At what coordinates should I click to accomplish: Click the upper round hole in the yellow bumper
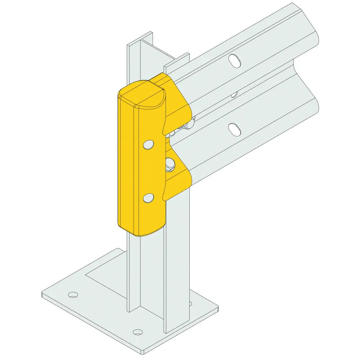(x=148, y=145)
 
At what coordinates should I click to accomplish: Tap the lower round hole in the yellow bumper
(x=148, y=198)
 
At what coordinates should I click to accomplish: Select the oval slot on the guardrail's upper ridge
(x=235, y=60)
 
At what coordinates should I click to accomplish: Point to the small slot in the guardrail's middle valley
(x=234, y=95)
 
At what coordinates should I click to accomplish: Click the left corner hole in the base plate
(x=73, y=295)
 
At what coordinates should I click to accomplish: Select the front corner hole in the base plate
(x=137, y=332)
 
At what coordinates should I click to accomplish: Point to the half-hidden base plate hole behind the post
(x=190, y=303)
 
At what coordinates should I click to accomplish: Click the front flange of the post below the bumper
(x=176, y=274)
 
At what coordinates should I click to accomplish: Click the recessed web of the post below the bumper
(x=151, y=274)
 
